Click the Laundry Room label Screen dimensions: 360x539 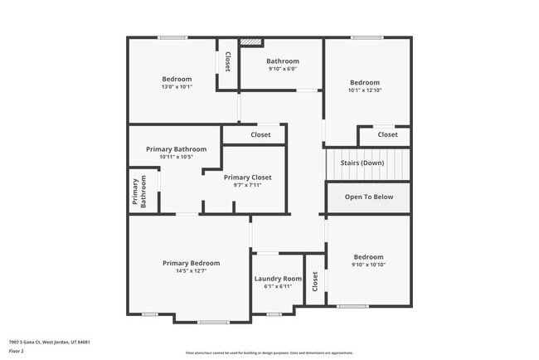coord(278,279)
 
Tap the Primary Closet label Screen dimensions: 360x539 coord(247,178)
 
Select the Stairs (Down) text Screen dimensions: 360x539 coord(362,163)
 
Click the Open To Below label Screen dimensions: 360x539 coord(369,197)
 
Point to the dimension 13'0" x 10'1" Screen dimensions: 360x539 coord(177,86)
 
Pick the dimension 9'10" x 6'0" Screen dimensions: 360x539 coord(282,69)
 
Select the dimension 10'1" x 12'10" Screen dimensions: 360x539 coord(364,90)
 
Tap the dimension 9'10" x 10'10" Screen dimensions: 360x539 coord(368,265)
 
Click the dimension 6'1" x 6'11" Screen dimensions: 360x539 coord(278,287)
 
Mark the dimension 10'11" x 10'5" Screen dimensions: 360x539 coord(175,157)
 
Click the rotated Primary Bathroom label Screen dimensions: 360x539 coord(139,192)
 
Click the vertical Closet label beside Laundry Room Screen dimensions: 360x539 coord(315,281)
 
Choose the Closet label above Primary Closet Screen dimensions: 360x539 coord(260,134)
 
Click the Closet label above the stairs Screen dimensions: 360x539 coord(387,134)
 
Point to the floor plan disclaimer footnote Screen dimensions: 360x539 coord(269,352)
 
